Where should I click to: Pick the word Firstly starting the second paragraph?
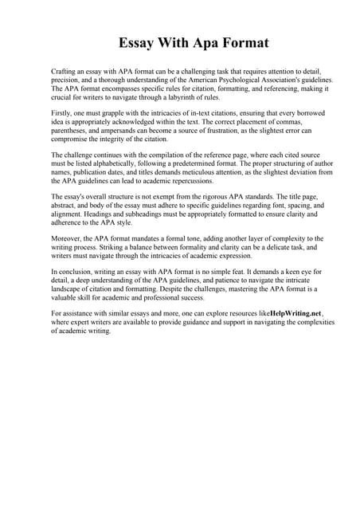coord(61,115)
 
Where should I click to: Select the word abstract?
coord(65,206)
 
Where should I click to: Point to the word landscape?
coord(66,292)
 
